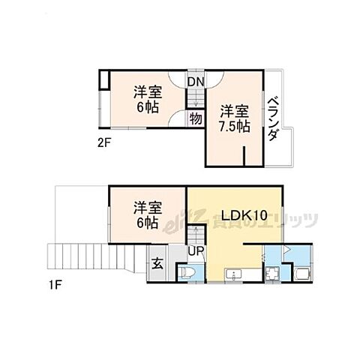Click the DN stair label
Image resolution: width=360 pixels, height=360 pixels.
pyautogui.click(x=195, y=82)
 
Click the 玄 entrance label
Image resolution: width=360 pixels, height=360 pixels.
pyautogui.click(x=159, y=263)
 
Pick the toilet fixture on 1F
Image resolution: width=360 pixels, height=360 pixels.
pyautogui.click(x=187, y=271)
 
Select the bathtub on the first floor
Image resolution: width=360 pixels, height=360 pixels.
pyautogui.click(x=301, y=271)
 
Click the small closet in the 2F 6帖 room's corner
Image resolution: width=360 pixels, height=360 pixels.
pyautogui.click(x=105, y=81)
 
